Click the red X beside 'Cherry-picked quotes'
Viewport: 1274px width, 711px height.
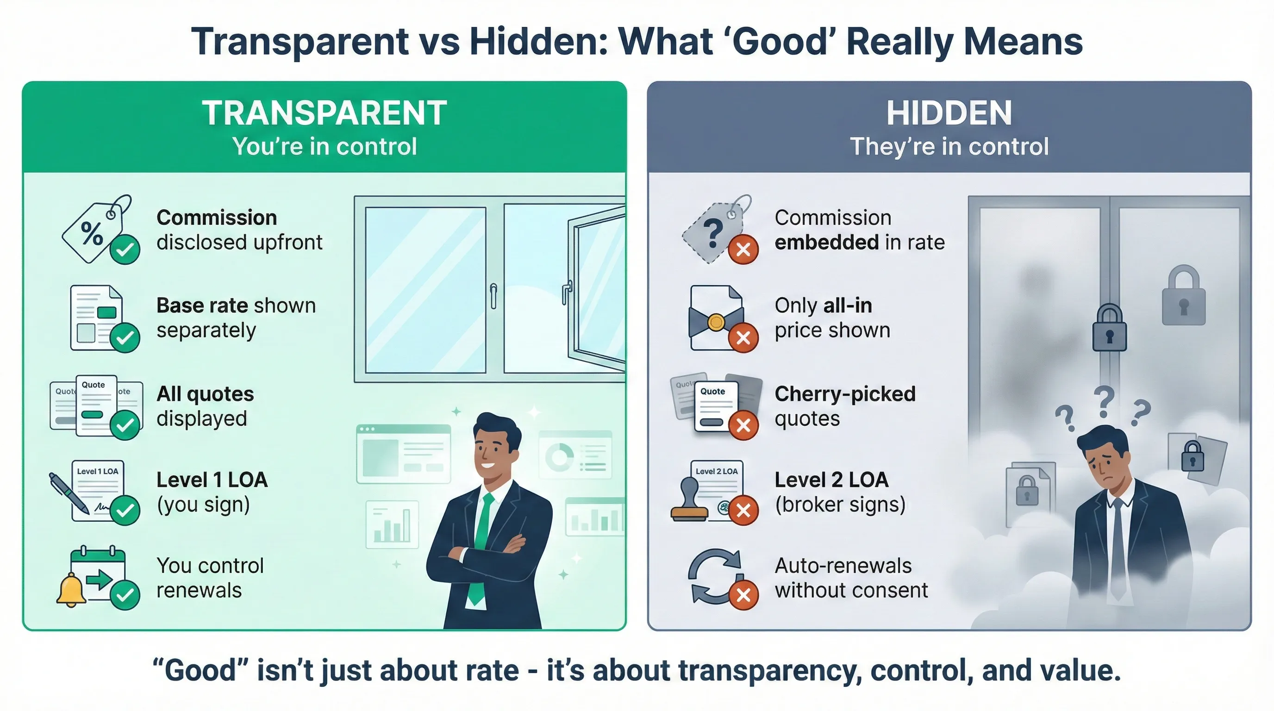click(743, 425)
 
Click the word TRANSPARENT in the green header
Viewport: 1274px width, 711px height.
click(325, 113)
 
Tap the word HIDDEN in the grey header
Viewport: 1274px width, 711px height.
click(949, 113)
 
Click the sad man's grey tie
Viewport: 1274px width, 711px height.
click(1117, 549)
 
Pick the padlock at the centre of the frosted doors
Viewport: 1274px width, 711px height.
click(1109, 328)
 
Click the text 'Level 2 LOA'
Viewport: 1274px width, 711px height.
click(831, 480)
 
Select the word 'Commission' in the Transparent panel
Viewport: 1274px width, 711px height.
click(217, 218)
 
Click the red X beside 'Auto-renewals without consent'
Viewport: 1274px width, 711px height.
click(743, 595)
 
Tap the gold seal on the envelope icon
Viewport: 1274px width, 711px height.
click(716, 322)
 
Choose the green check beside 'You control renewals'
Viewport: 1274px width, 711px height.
click(125, 595)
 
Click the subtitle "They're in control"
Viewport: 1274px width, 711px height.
click(949, 146)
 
